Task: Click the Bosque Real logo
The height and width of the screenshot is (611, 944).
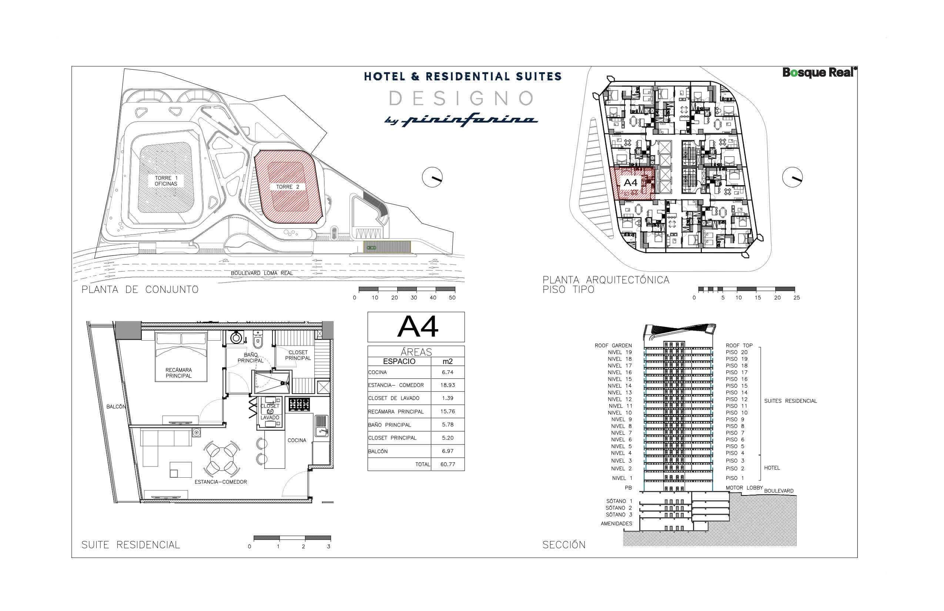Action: pyautogui.click(x=819, y=73)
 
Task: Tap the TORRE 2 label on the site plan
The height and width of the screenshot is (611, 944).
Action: pyautogui.click(x=288, y=187)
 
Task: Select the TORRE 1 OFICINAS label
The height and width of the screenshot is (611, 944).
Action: pyautogui.click(x=166, y=181)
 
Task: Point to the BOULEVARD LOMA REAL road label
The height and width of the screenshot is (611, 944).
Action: pyautogui.click(x=262, y=273)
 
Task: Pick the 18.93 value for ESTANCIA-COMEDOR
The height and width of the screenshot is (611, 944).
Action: pyautogui.click(x=448, y=385)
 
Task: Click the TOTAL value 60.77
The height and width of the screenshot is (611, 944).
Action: pyautogui.click(x=448, y=464)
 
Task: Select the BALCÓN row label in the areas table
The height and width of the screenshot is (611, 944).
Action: pyautogui.click(x=378, y=451)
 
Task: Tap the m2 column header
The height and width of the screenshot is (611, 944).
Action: pyautogui.click(x=448, y=361)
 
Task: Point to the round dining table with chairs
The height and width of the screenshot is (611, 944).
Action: pyautogui.click(x=222, y=458)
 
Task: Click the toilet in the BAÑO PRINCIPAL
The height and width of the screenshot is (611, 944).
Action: pyautogui.click(x=258, y=339)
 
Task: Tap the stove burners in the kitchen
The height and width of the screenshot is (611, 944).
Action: pyautogui.click(x=299, y=405)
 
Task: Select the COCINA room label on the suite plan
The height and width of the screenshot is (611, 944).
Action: pyautogui.click(x=297, y=440)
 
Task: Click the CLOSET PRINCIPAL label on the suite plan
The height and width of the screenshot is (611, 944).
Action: pyautogui.click(x=298, y=355)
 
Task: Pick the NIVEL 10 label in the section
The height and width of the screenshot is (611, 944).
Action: pyautogui.click(x=620, y=413)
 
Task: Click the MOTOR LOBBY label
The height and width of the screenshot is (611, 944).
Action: pyautogui.click(x=744, y=488)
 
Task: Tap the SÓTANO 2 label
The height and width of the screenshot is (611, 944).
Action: pyautogui.click(x=618, y=508)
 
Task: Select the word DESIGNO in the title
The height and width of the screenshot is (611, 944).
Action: pyautogui.click(x=461, y=99)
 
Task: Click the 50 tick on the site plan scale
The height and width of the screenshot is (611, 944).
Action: pyautogui.click(x=452, y=298)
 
